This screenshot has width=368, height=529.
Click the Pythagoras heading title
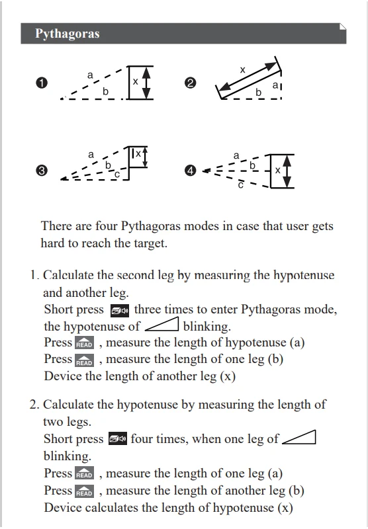(x=68, y=34)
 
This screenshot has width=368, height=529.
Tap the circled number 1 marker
(x=42, y=83)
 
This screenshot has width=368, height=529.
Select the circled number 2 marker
(x=191, y=83)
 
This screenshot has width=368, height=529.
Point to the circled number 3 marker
(x=42, y=171)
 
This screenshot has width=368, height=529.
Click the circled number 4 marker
(x=191, y=171)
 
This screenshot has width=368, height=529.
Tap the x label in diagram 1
(x=136, y=81)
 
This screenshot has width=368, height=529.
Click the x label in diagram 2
(x=242, y=70)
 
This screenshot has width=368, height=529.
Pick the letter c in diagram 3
(x=116, y=175)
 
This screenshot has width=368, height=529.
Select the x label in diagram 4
(x=277, y=171)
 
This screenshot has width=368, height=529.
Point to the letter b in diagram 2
(x=258, y=92)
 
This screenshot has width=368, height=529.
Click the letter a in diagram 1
(x=90, y=75)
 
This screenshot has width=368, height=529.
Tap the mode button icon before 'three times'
(x=120, y=311)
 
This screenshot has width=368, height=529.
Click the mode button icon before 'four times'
(x=118, y=438)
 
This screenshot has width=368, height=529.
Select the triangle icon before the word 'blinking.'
(x=162, y=325)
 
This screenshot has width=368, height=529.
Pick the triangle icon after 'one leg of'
(x=299, y=437)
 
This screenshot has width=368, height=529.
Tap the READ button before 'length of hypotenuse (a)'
(x=85, y=343)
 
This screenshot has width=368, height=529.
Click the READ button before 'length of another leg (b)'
(x=85, y=491)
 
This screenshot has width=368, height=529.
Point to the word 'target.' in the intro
(x=151, y=243)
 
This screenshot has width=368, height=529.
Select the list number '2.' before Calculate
(x=35, y=404)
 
